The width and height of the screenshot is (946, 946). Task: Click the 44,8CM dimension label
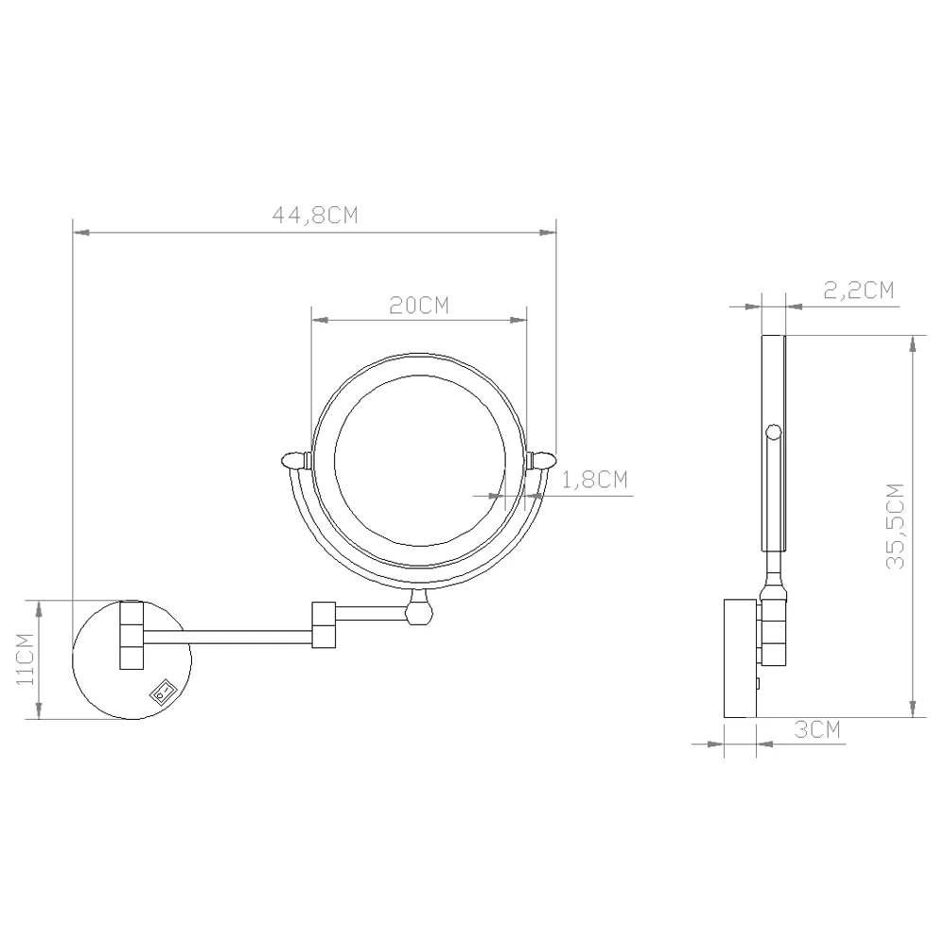[x=315, y=216]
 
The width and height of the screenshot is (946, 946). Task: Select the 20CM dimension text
[x=419, y=306]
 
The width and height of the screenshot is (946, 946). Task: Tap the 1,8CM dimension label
[x=595, y=480]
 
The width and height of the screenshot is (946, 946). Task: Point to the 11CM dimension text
[x=25, y=658]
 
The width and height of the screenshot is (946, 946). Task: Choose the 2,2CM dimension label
[x=859, y=290]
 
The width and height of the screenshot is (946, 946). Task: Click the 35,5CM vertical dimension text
[x=896, y=526]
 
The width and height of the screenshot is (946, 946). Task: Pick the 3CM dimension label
[x=817, y=730]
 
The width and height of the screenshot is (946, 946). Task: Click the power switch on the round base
[x=163, y=692]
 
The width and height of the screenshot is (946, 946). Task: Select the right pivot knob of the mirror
[x=540, y=461]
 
